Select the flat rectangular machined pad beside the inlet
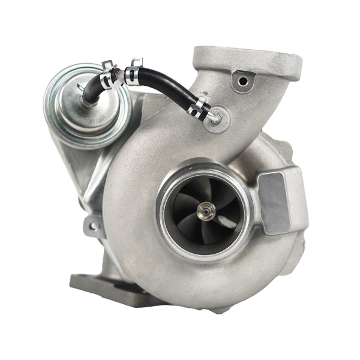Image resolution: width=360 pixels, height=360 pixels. tap(274, 203)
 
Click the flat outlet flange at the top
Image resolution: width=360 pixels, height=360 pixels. tap(247, 61)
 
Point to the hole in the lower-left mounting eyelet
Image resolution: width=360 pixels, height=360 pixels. tap(94, 227)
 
